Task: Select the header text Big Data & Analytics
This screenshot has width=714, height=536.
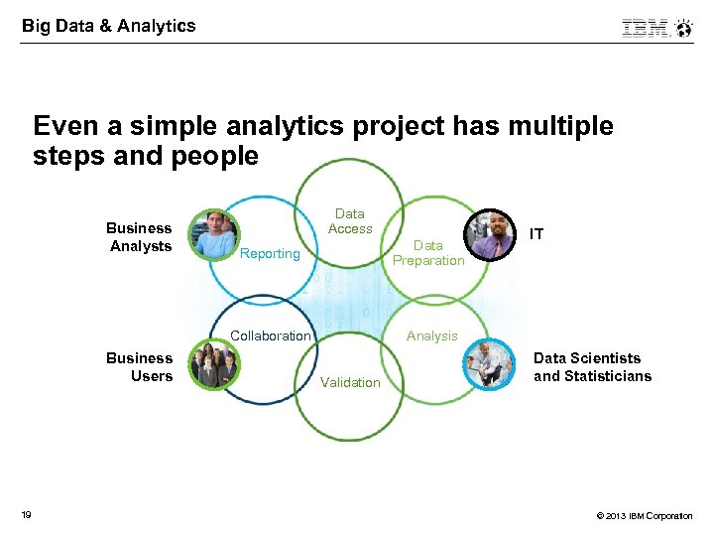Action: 109,26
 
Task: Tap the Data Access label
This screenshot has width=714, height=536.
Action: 350,221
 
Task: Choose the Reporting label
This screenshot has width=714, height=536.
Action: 270,254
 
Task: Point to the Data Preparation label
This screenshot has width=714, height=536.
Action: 428,253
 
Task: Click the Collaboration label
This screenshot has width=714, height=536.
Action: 271,335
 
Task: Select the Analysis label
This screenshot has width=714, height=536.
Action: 432,335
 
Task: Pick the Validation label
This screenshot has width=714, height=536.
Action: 350,382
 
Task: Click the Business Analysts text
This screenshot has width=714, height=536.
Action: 140,237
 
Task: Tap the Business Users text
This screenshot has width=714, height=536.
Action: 140,367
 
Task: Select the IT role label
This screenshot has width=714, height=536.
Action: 536,234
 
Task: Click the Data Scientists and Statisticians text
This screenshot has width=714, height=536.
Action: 592,367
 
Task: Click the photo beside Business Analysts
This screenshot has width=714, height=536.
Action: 214,234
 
